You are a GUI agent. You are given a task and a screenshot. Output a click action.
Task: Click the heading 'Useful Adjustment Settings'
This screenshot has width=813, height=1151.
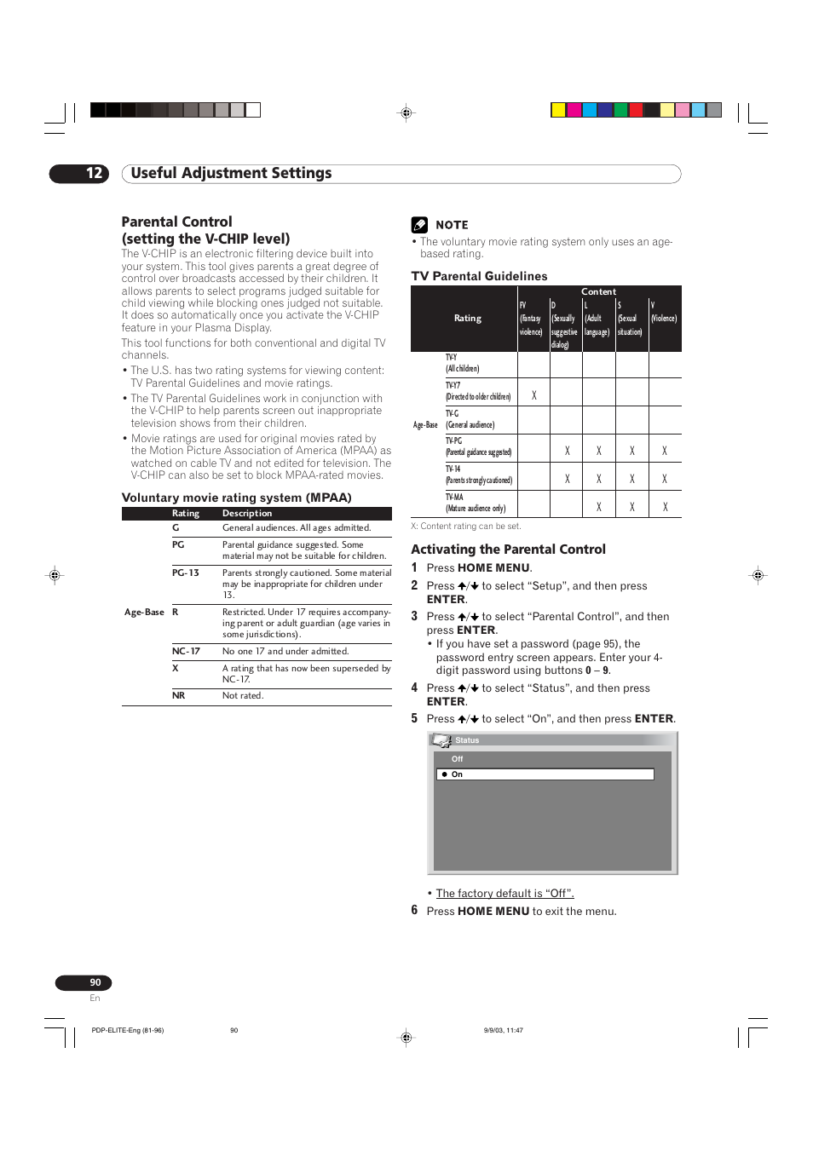tap(231, 174)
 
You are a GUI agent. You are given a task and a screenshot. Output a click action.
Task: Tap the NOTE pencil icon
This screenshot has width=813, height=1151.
tap(419, 225)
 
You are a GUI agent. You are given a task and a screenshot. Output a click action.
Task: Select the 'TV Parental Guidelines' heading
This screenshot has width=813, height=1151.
tap(479, 276)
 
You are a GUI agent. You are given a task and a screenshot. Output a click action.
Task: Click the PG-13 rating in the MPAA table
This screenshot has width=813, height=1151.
tap(185, 573)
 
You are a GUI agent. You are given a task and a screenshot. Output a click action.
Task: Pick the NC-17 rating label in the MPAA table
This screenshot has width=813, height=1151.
tap(186, 652)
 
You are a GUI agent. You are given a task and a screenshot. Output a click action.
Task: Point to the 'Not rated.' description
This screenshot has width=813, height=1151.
tap(243, 696)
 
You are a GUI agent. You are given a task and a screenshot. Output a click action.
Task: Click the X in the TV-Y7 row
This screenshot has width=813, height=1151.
tap(534, 395)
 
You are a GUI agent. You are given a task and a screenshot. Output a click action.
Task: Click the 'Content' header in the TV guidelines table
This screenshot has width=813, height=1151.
tap(598, 291)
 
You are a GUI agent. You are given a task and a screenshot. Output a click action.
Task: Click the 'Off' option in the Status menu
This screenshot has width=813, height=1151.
tap(458, 759)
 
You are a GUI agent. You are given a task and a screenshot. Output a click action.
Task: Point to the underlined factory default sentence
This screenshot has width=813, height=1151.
tap(505, 894)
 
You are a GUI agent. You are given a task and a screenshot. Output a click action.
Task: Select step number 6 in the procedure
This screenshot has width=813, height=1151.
tap(414, 911)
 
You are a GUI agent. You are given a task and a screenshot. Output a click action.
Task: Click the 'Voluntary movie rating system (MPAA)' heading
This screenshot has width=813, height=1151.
tap(236, 498)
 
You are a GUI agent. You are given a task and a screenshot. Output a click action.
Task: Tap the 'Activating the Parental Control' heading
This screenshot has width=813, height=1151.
tap(508, 550)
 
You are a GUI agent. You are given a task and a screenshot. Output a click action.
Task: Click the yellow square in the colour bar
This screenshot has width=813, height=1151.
tap(558, 110)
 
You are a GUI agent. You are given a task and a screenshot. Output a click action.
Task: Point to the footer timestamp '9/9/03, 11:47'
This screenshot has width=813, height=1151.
tap(503, 1030)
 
